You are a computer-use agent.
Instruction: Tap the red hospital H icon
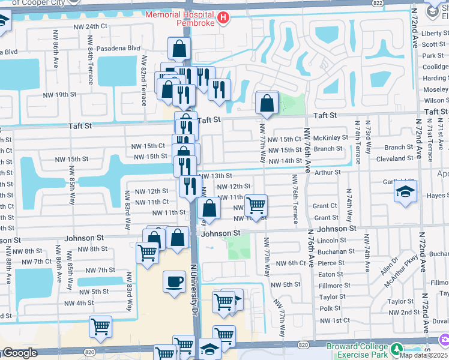tap(223, 18)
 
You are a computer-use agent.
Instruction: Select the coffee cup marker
tap(174, 281)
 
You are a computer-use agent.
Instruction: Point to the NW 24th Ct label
tap(90, 26)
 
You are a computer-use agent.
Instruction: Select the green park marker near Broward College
tap(397, 349)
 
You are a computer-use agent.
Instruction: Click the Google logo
tap(19, 353)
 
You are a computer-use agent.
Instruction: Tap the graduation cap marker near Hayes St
tap(405, 192)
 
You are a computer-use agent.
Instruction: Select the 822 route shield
tap(394, 3)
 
